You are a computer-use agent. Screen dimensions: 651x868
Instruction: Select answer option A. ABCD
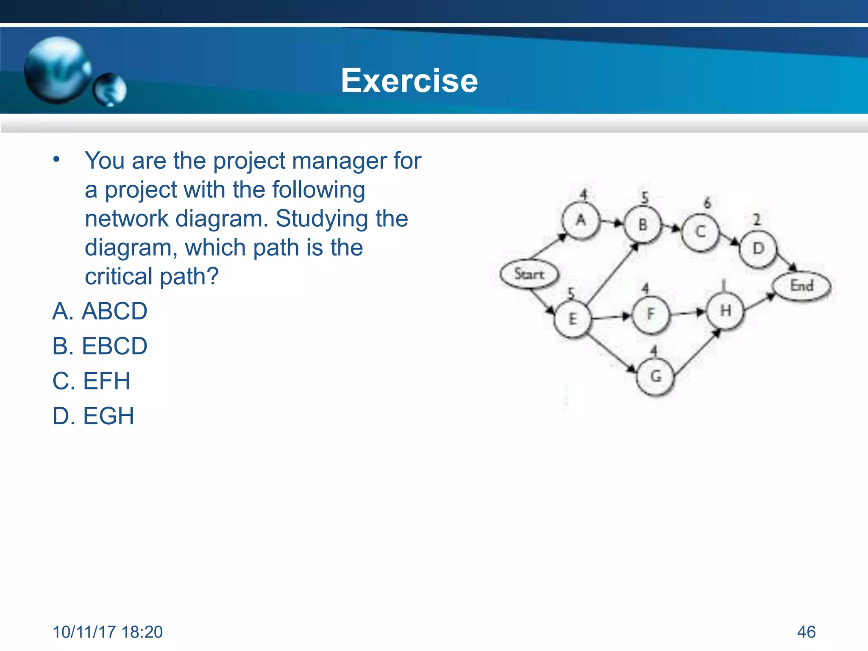[x=100, y=311]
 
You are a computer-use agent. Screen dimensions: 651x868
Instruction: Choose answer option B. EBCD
[x=100, y=346]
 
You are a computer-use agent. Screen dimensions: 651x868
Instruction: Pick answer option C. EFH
[x=91, y=381]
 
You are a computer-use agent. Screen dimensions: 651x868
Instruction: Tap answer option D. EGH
[x=93, y=416]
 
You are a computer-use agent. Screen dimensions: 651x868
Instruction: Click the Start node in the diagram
[x=529, y=274]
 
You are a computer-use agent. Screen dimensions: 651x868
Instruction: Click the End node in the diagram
[x=801, y=286]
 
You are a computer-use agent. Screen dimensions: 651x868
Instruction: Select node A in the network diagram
[x=581, y=220]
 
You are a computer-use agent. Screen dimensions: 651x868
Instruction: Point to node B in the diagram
[x=643, y=225]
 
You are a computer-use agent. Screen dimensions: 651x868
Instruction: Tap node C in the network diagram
[x=701, y=232]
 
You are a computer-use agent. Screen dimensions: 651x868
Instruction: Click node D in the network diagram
[x=758, y=249]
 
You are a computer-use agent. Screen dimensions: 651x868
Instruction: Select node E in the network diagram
[x=573, y=319]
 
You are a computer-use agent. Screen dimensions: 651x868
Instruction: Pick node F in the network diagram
[x=651, y=314]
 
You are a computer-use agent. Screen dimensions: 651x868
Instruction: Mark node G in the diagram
[x=656, y=376]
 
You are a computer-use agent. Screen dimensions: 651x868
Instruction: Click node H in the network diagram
[x=726, y=311]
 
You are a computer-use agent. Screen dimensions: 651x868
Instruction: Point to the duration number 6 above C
[x=707, y=203]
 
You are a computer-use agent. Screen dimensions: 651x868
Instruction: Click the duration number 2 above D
[x=757, y=220]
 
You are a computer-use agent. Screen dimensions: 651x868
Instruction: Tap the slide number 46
[x=806, y=632]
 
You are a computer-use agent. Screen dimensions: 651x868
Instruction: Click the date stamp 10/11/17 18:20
[x=108, y=632]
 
